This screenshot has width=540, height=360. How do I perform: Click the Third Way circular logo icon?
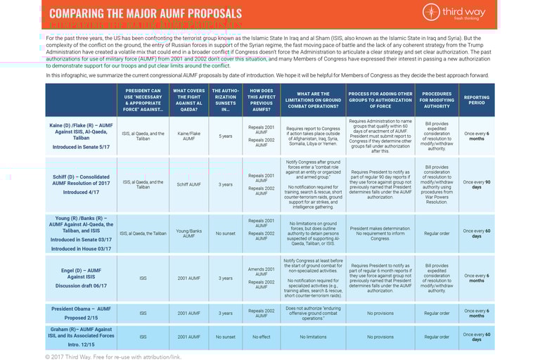(x=432, y=12)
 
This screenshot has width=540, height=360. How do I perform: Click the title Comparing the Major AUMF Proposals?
(x=146, y=13)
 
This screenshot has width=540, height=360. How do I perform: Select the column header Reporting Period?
(x=476, y=100)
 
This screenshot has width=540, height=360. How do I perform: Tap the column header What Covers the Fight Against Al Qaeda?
(x=188, y=100)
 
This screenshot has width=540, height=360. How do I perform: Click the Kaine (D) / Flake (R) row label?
(x=80, y=136)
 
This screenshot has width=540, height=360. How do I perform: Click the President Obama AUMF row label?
(x=80, y=313)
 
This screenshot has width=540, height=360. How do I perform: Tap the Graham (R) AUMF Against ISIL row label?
(x=80, y=336)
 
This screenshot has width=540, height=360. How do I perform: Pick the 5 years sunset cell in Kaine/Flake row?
(x=225, y=136)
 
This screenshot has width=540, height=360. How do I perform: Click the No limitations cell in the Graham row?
(x=313, y=337)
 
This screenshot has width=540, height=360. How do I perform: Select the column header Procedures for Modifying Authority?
(x=437, y=100)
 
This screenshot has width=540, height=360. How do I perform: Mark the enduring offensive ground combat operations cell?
(x=313, y=313)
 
